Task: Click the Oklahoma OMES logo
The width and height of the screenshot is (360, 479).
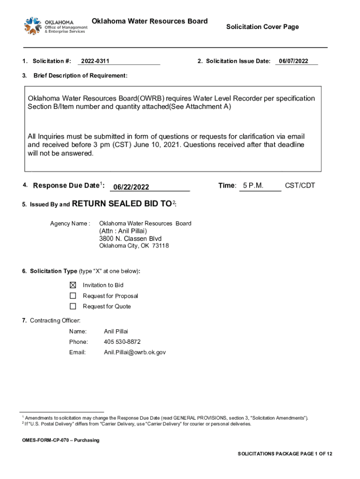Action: click(55, 26)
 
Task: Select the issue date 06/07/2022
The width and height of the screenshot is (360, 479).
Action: click(293, 61)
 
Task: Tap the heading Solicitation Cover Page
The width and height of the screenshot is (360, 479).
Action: click(262, 27)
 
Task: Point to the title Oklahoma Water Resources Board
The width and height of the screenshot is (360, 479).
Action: click(150, 22)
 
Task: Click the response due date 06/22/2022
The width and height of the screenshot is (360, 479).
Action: click(131, 187)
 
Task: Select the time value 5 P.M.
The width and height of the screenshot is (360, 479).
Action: click(253, 186)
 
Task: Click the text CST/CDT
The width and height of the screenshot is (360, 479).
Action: click(300, 186)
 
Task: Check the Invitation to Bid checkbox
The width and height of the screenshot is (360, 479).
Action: click(73, 285)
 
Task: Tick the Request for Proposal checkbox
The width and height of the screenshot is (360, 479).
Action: click(73, 296)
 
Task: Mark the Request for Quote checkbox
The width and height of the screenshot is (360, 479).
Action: click(73, 306)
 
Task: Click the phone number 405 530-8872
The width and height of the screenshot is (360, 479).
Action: click(122, 341)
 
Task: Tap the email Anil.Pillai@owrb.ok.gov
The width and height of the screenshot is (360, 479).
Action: click(135, 352)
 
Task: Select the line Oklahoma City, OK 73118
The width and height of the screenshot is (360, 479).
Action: click(134, 246)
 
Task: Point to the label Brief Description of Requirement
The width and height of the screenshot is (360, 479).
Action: click(80, 76)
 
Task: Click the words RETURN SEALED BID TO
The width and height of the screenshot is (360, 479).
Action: click(122, 203)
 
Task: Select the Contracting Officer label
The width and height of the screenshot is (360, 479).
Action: click(55, 320)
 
